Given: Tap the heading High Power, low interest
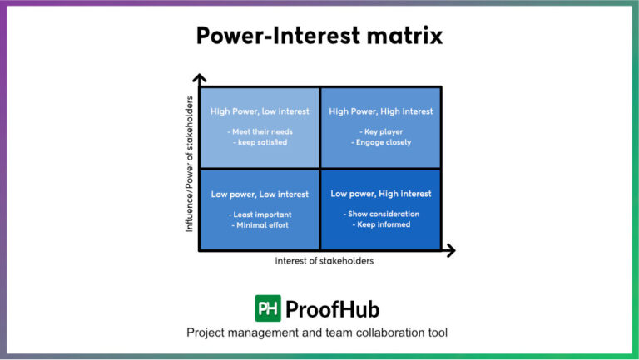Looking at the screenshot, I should pyautogui.click(x=260, y=111).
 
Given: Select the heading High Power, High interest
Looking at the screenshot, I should pyautogui.click(x=381, y=111).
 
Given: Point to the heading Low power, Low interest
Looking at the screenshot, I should pyautogui.click(x=260, y=195).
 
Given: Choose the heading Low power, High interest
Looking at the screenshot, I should pyautogui.click(x=381, y=194).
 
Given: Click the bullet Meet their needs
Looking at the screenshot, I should pyautogui.click(x=260, y=131).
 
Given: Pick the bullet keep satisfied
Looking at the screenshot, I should pyautogui.click(x=260, y=142).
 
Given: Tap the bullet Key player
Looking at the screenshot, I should pyautogui.click(x=381, y=131).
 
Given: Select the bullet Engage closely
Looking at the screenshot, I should pyautogui.click(x=381, y=142).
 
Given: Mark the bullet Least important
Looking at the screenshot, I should pyautogui.click(x=260, y=215).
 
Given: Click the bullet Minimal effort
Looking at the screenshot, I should pyautogui.click(x=260, y=225).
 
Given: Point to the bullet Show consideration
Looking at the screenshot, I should pyautogui.click(x=381, y=214).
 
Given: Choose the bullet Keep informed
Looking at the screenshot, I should pyautogui.click(x=381, y=224).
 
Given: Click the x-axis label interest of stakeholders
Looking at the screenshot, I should pyautogui.click(x=324, y=261).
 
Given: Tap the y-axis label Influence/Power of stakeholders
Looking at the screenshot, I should pyautogui.click(x=190, y=163).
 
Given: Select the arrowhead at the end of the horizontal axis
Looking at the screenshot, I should pyautogui.click(x=450, y=249).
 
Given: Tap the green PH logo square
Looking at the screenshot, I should pyautogui.click(x=268, y=308).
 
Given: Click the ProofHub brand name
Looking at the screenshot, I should pyautogui.click(x=332, y=309).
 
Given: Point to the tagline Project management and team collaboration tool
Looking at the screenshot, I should pyautogui.click(x=317, y=333).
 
